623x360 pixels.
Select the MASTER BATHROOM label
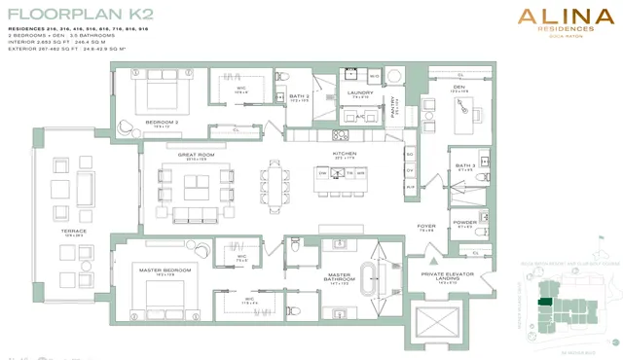(x=338, y=279)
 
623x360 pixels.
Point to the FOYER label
(x=426, y=227)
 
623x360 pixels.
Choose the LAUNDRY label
(x=361, y=92)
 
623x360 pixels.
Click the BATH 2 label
(x=299, y=95)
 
